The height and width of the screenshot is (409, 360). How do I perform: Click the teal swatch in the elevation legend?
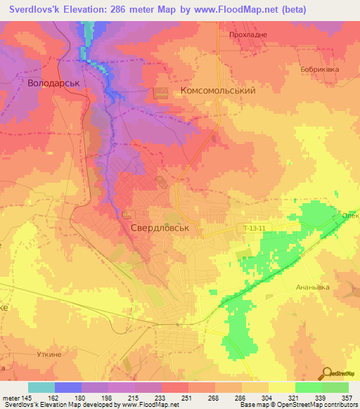point(41,387)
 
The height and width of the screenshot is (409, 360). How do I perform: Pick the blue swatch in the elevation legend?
point(68,387)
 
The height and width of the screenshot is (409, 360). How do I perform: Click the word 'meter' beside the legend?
point(10,398)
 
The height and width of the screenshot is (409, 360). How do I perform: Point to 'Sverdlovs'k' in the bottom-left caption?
point(20,405)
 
